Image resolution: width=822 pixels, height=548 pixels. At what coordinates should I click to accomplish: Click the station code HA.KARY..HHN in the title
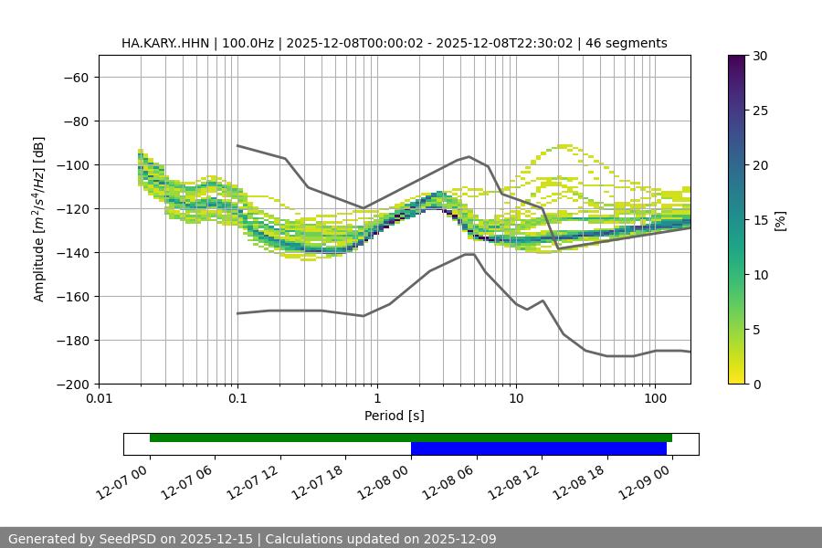(164, 43)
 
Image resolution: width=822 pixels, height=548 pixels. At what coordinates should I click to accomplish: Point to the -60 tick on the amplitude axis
(75, 77)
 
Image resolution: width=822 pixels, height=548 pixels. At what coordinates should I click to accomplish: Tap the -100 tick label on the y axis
(71, 164)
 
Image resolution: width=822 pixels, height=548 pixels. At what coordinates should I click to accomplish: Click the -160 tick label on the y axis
(71, 296)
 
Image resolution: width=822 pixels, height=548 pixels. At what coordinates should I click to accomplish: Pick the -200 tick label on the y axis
(71, 384)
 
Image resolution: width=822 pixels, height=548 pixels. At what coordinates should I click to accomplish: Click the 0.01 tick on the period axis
(99, 399)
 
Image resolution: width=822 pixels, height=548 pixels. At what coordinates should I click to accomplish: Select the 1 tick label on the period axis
(377, 399)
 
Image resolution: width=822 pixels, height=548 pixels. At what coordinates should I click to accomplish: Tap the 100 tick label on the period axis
(655, 399)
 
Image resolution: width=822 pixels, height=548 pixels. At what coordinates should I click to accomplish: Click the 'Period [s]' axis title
(394, 416)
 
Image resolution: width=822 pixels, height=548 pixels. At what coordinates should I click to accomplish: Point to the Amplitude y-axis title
(39, 219)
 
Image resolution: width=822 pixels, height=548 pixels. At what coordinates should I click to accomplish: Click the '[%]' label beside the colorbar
(781, 219)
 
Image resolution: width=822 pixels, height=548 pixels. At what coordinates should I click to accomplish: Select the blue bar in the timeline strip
(538, 448)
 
